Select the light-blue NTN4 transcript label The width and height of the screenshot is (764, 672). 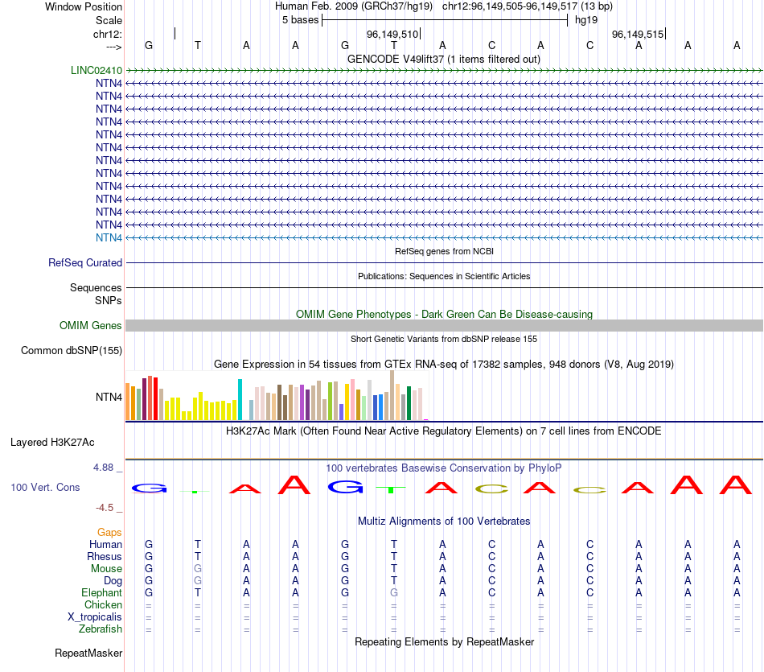[x=109, y=237]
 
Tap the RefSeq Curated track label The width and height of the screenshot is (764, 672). [x=85, y=262]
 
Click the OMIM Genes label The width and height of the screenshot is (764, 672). [x=91, y=326]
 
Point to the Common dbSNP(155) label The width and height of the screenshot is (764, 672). [x=72, y=350]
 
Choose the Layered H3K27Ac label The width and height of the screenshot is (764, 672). [x=52, y=442]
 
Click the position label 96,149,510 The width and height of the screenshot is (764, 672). [x=392, y=35]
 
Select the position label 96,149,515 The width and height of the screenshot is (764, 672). [x=638, y=35]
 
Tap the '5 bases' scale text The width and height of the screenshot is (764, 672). [x=300, y=19]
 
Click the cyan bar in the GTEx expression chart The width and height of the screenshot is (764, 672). [x=240, y=399]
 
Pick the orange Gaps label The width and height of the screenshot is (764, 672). [x=109, y=533]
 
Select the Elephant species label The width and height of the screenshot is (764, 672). [x=101, y=592]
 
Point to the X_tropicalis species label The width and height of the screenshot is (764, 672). [x=95, y=616]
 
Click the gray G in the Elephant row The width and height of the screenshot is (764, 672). [x=394, y=592]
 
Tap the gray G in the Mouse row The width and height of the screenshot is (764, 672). [x=198, y=568]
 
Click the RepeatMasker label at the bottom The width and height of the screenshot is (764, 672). [x=88, y=653]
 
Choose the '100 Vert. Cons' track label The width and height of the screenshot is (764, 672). [x=45, y=488]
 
